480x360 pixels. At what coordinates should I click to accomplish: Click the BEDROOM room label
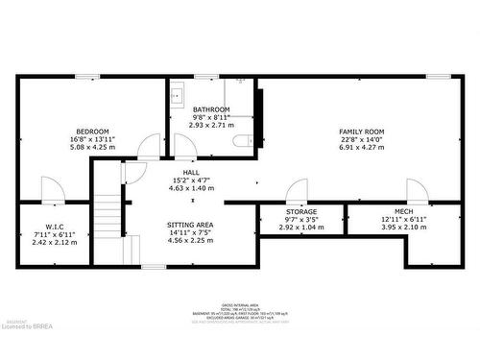(x=93, y=132)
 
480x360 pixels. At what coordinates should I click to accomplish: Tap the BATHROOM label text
(x=211, y=109)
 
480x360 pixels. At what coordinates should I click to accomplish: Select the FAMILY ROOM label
(x=361, y=132)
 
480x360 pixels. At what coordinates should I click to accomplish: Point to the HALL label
(x=178, y=172)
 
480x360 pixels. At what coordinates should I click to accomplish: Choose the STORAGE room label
(x=300, y=212)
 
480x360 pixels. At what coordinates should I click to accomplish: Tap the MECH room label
(x=403, y=212)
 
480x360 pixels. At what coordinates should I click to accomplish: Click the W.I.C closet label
(x=55, y=228)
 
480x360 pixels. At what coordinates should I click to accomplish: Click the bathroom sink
(x=178, y=96)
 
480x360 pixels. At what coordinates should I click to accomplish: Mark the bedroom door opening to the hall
(x=149, y=147)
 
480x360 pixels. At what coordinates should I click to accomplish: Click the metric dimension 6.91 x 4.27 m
(x=361, y=148)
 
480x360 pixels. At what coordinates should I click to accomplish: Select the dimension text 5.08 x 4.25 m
(x=93, y=148)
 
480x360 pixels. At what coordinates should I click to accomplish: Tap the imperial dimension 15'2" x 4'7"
(x=178, y=180)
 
